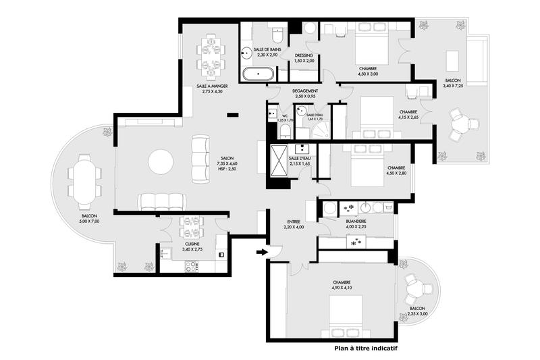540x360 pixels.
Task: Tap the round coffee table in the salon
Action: pyautogui.click(x=161, y=161)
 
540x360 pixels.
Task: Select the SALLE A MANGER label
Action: pyautogui.click(x=211, y=86)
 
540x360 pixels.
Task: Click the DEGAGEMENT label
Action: pyautogui.click(x=305, y=91)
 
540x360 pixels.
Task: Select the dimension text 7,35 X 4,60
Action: pyautogui.click(x=217, y=163)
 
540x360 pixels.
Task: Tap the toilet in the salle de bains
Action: pyautogui.click(x=277, y=34)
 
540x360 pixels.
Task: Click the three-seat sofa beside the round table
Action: pyautogui.click(x=200, y=159)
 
